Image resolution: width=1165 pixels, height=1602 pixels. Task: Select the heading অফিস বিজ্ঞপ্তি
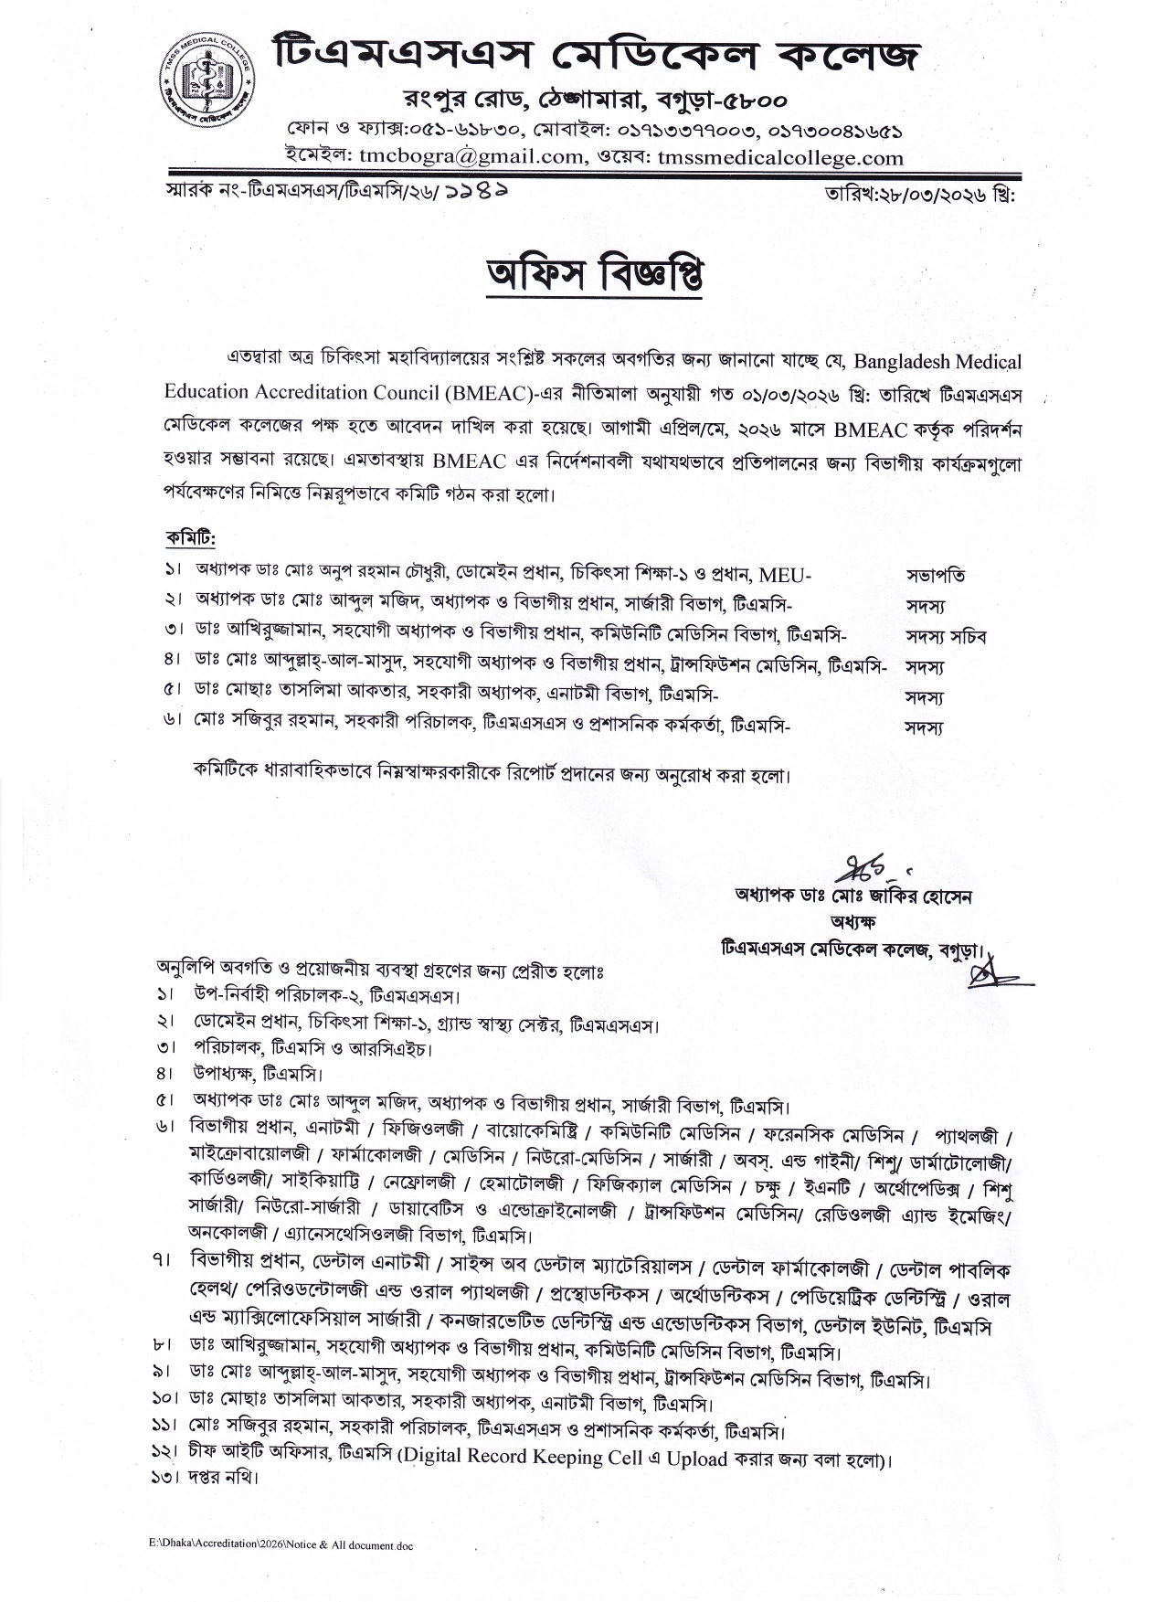click(x=597, y=275)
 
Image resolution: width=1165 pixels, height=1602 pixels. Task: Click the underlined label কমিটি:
click(x=190, y=536)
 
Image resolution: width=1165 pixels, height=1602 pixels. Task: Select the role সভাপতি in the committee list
click(x=936, y=576)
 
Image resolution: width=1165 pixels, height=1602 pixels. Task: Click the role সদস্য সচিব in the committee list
click(x=946, y=636)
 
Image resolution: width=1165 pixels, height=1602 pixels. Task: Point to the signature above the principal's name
click(x=861, y=865)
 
